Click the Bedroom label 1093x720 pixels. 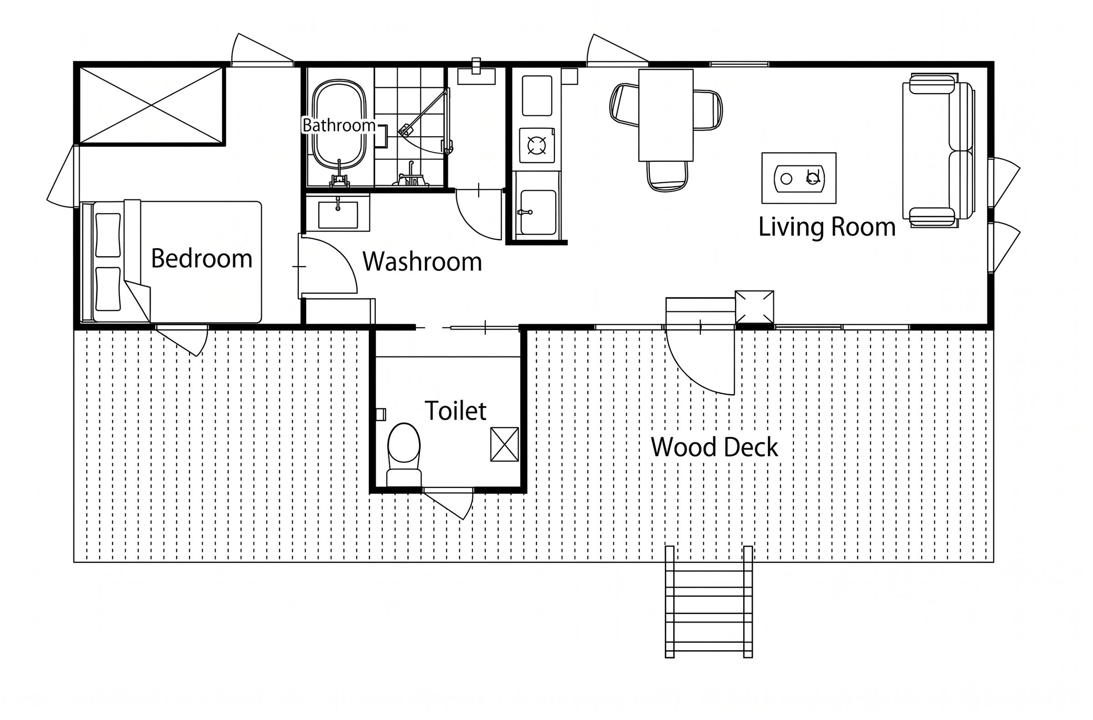pos(202,259)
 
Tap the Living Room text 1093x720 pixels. pos(827,227)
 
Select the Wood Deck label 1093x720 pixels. pos(714,447)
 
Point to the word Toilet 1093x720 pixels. pos(455,410)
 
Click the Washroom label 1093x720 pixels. pos(422,262)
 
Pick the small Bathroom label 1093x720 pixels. pos(339,125)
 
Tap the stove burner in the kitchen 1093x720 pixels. pos(536,146)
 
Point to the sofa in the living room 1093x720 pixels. pos(938,150)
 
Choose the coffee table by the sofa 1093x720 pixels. pos(799,178)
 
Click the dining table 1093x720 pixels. pos(665,115)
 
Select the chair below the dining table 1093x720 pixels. pos(667,175)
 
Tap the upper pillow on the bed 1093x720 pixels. pos(108,235)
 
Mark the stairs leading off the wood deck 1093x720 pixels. pos(709,602)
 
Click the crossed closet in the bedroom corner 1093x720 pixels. pos(152,106)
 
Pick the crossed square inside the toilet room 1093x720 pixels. pos(504,444)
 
